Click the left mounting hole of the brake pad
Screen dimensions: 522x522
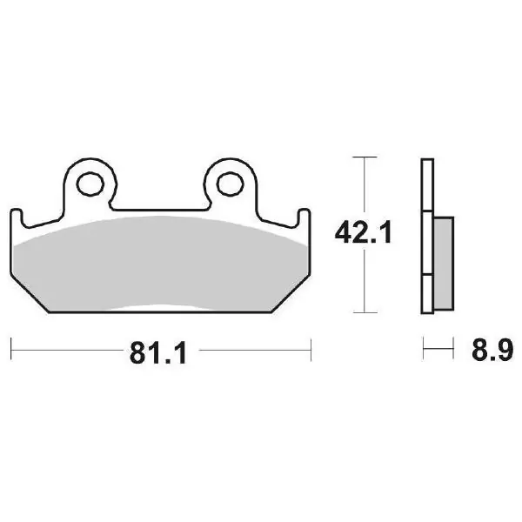pyautogui.click(x=90, y=184)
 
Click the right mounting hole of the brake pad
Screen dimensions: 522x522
pyautogui.click(x=231, y=184)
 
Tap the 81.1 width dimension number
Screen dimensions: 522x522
pyautogui.click(x=158, y=353)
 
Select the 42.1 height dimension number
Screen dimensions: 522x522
pyautogui.click(x=363, y=232)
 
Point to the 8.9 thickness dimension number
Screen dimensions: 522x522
pyautogui.click(x=492, y=350)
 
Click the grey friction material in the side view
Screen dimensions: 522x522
pyautogui.click(x=444, y=264)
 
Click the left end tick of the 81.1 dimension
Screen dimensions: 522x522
pyautogui.click(x=11, y=349)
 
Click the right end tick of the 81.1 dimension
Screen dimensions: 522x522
pyautogui.click(x=311, y=350)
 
